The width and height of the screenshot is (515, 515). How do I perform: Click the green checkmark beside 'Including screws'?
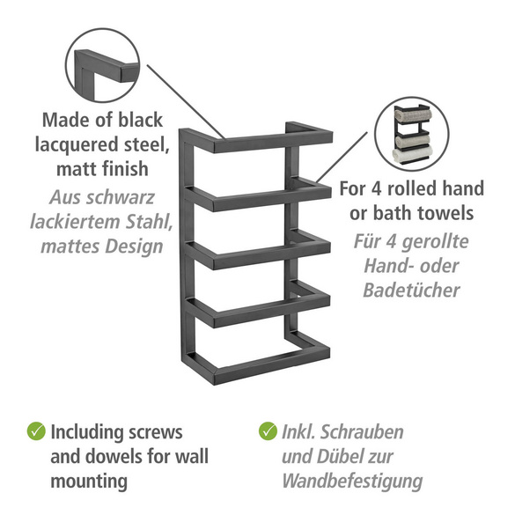(36, 430)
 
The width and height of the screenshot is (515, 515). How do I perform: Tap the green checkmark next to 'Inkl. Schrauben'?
(268, 430)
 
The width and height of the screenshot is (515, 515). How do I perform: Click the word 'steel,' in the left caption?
(146, 144)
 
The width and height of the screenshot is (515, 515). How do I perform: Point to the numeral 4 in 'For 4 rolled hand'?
(376, 188)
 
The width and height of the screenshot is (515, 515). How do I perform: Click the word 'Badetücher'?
(411, 291)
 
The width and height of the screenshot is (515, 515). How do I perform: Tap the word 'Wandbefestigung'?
(352, 482)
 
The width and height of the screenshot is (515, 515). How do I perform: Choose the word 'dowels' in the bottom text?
(114, 457)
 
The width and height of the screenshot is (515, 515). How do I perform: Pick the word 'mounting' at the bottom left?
(89, 482)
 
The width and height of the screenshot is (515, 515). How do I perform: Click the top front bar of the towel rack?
(273, 143)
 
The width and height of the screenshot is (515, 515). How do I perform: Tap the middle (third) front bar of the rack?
(272, 255)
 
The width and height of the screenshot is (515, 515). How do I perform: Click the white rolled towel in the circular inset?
(412, 154)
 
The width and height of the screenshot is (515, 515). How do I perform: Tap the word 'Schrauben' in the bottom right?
(362, 431)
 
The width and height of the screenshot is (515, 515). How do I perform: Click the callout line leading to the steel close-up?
(186, 101)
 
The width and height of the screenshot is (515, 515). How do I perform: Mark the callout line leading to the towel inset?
(342, 158)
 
